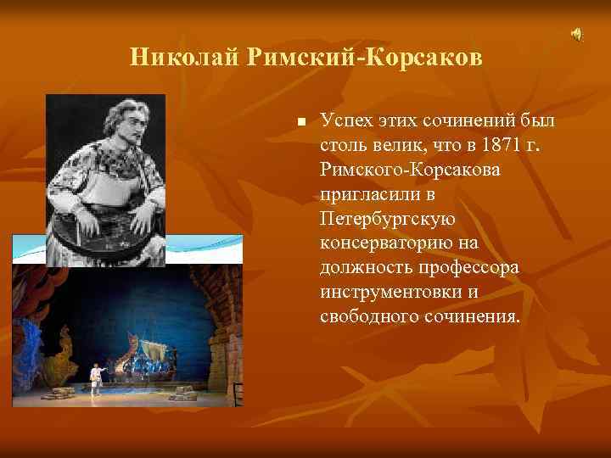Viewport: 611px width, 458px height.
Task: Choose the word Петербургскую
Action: pos(388,219)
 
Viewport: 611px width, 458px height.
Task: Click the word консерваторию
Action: pos(391,243)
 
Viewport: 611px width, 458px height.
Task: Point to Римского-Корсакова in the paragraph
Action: pos(411,170)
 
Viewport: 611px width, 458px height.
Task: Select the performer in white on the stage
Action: pos(98,374)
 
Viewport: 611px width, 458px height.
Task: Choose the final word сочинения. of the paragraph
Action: pos(468,317)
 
